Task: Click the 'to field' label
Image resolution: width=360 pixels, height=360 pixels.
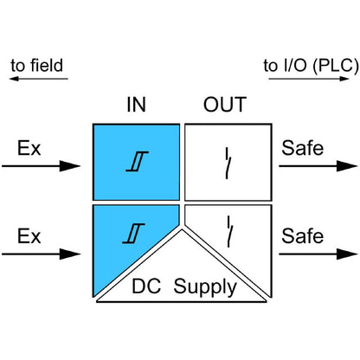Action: (x=37, y=66)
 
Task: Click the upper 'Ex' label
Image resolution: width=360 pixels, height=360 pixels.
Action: (x=29, y=149)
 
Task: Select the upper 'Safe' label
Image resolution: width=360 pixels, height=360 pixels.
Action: (x=302, y=149)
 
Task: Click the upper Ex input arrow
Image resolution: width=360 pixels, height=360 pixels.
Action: (x=43, y=167)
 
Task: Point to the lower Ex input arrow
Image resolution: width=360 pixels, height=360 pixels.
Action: (x=43, y=254)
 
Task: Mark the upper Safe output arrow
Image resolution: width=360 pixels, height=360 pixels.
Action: (x=312, y=167)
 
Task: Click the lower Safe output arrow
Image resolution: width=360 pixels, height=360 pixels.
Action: (x=312, y=254)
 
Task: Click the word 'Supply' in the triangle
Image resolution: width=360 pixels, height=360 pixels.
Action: (x=205, y=286)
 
